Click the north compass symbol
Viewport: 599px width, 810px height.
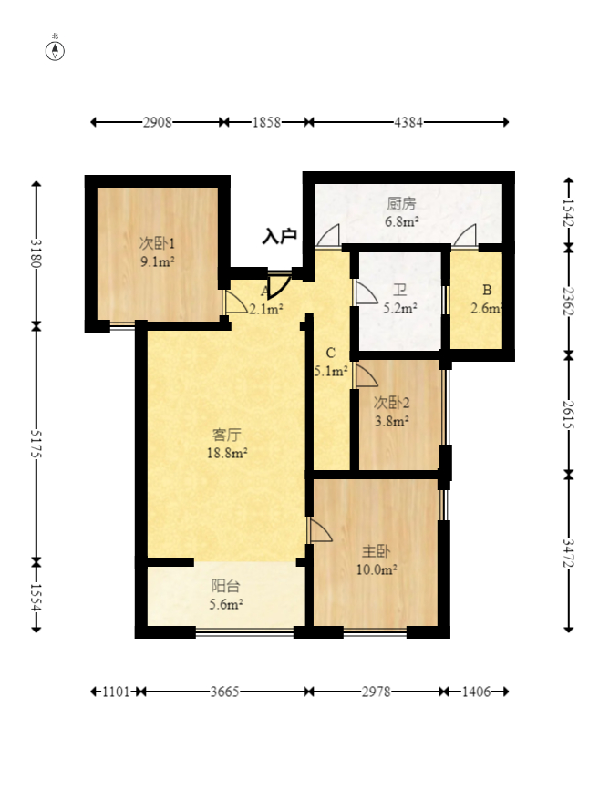pyautogui.click(x=55, y=51)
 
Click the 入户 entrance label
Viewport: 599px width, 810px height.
pyautogui.click(x=280, y=236)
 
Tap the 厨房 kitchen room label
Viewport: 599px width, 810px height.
pyautogui.click(x=401, y=203)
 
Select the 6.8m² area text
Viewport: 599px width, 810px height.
pyautogui.click(x=401, y=222)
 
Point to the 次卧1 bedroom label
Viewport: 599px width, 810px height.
pyautogui.click(x=157, y=243)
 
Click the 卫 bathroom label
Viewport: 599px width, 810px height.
pyautogui.click(x=400, y=290)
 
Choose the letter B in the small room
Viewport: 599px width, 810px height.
pyautogui.click(x=487, y=290)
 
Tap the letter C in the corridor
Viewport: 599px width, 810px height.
pyautogui.click(x=331, y=353)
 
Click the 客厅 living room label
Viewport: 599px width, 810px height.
pyautogui.click(x=226, y=435)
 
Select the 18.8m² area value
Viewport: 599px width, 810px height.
pyautogui.click(x=227, y=454)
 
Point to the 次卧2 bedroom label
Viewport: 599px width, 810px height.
pyautogui.click(x=392, y=403)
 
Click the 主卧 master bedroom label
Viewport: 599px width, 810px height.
pyautogui.click(x=376, y=551)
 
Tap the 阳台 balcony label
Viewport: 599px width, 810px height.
pyautogui.click(x=226, y=586)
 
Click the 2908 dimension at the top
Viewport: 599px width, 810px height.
pyautogui.click(x=157, y=122)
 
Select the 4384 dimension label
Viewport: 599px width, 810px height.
pyautogui.click(x=408, y=122)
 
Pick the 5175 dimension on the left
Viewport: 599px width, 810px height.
pyautogui.click(x=36, y=444)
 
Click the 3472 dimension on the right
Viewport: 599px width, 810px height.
pyautogui.click(x=569, y=553)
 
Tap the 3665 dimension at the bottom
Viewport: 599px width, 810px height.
pyautogui.click(x=224, y=692)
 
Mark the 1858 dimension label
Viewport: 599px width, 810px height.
pyautogui.click(x=266, y=122)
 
